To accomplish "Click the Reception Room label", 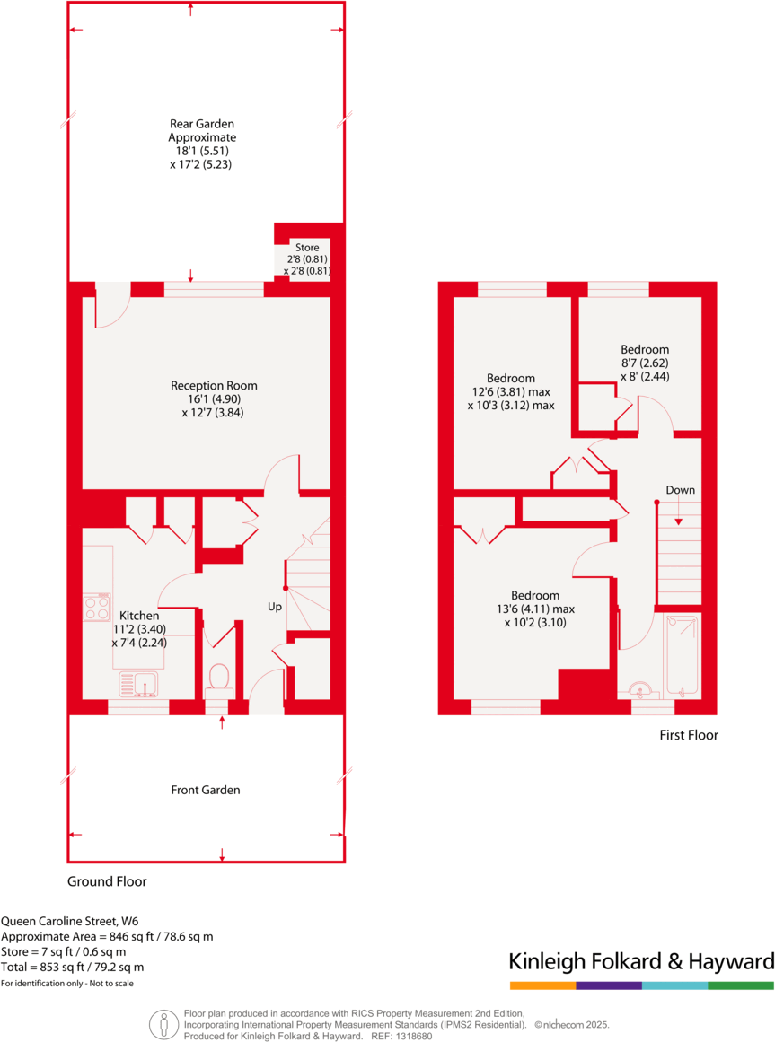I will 207,387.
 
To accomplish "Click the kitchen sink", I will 137,684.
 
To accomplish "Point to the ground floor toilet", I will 218,679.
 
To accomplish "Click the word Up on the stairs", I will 275,607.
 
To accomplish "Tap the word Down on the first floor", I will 680,490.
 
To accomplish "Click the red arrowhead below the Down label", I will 680,521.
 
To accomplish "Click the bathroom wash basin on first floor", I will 641,689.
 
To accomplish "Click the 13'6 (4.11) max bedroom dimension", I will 534,609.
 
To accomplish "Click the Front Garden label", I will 206,790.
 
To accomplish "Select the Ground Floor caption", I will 107,881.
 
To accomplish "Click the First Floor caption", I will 689,735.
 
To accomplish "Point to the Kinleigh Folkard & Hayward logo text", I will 641,962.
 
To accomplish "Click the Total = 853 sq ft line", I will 72,967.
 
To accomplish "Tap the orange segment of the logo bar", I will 542,985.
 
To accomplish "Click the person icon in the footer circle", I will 163,1023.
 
